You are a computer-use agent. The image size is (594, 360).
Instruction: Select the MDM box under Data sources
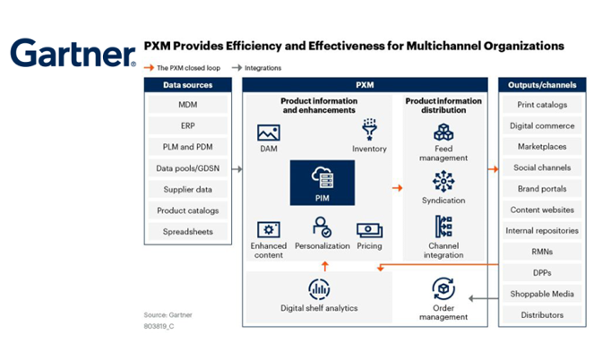coord(187,106)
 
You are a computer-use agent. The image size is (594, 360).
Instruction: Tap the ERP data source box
coord(187,126)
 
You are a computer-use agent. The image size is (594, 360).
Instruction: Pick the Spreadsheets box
coord(187,232)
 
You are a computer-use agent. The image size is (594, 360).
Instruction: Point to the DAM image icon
coord(269,133)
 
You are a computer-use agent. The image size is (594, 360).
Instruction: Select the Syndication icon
coord(443,182)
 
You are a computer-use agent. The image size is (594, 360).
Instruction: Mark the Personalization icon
coord(323,228)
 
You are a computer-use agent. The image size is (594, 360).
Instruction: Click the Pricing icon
coord(369,229)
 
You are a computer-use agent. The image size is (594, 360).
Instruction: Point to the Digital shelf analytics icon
coord(319,289)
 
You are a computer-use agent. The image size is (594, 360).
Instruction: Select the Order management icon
coord(443,288)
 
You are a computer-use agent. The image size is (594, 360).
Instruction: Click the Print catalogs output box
coord(538,106)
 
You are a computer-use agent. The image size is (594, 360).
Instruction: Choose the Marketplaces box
coord(538,147)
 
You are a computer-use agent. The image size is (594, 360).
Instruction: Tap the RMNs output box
coord(538,253)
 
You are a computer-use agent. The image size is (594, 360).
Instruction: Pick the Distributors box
coord(538,315)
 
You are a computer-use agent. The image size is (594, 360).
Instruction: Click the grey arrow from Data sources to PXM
coord(236,168)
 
